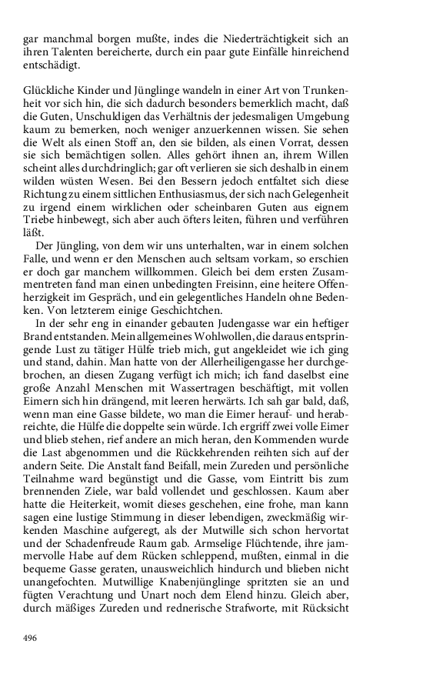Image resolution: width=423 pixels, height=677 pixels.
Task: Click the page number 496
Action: [31, 639]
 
